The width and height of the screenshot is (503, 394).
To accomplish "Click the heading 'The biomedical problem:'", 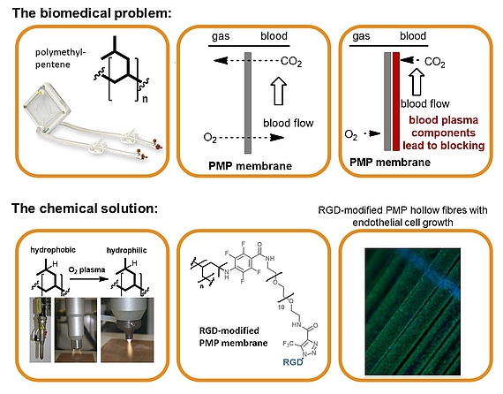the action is pos(92,13).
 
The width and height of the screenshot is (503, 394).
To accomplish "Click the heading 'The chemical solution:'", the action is pos(85,208).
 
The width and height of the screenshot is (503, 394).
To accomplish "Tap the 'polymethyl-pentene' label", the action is pos(61,58).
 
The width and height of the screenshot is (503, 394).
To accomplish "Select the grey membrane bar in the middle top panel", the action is pos(248,102).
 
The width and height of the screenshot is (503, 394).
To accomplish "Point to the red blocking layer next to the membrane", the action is pos(396,101).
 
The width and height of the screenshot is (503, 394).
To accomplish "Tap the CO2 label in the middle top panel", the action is pos(291,61).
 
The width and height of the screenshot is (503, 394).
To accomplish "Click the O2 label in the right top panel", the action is pos(350,134).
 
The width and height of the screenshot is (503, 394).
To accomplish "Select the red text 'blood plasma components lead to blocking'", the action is pos(444,133).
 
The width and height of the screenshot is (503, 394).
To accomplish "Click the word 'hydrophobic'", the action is pos(53,250).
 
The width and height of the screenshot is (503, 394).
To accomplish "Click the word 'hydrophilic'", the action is pos(126,250).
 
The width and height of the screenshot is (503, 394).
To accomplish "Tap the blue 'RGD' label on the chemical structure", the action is pos(293,362).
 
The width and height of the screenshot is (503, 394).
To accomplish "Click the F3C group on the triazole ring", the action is pos(289,344).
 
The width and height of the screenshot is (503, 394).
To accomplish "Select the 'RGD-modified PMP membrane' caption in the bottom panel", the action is pos(233,337).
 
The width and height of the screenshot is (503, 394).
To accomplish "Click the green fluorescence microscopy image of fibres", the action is pos(413,311).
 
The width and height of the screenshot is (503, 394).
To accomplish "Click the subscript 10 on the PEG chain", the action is pos(281,307).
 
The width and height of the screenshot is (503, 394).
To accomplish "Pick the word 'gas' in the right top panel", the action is pos(361,36).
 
